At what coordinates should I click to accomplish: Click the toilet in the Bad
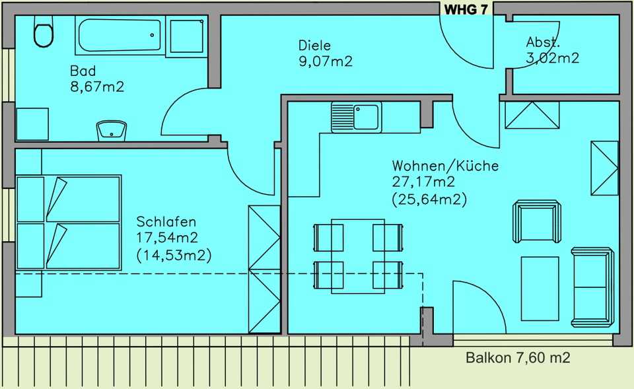coord(44,32)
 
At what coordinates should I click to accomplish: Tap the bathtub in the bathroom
coord(120,35)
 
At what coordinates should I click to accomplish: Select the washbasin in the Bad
coord(111,131)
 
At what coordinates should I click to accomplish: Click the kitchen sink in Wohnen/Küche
coord(356,118)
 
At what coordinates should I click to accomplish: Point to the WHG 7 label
coord(466,9)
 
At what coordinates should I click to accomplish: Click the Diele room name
coord(314,46)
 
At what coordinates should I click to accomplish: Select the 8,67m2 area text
coord(97,87)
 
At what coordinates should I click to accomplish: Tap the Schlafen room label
coord(166,222)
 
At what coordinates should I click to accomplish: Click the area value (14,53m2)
coord(174,256)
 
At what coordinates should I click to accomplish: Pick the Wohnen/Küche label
coord(445,166)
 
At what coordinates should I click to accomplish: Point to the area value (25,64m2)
coord(429,199)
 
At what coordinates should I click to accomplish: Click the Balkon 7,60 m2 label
coord(518,357)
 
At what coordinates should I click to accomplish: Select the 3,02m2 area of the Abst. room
coord(552,58)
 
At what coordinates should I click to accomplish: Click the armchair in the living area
coord(537,221)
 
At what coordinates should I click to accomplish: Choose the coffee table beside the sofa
coord(540,289)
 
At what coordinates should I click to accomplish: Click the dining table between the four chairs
coord(358,256)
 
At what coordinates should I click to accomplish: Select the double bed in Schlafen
coord(69,223)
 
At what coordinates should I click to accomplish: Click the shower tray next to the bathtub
coord(186,36)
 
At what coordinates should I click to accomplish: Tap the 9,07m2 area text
coord(326,61)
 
